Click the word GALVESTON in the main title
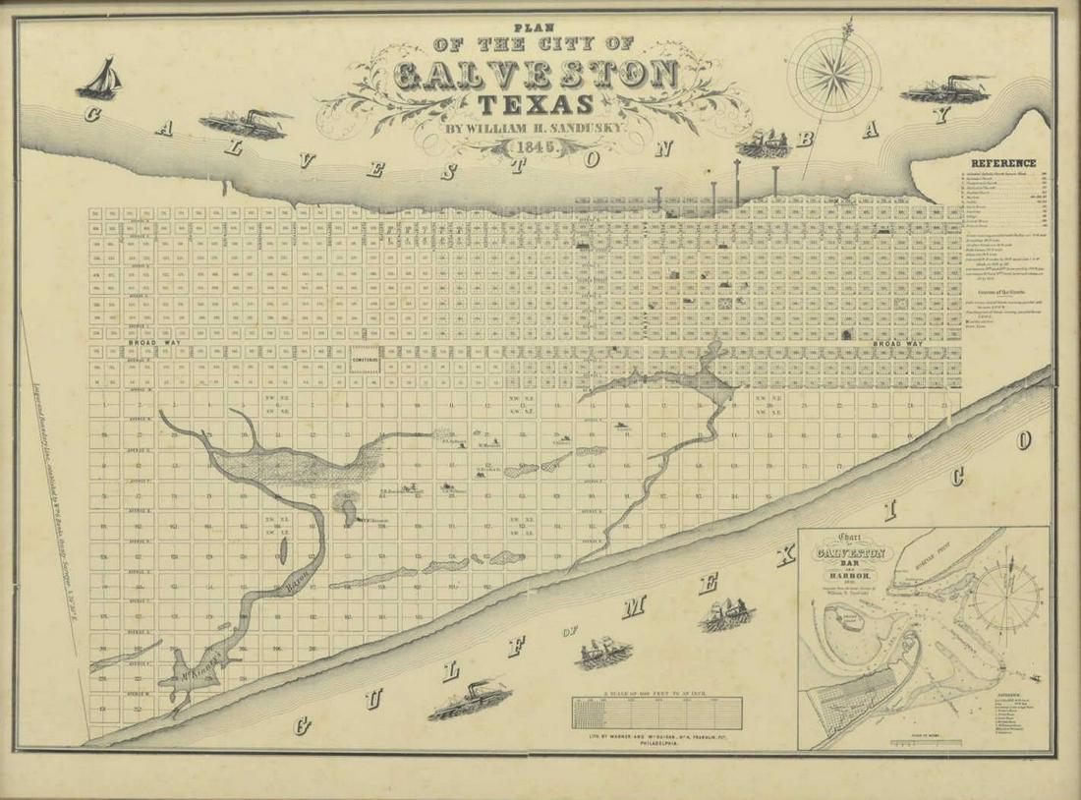[537, 75]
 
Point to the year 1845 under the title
[534, 147]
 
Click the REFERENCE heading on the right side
[1003, 163]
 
